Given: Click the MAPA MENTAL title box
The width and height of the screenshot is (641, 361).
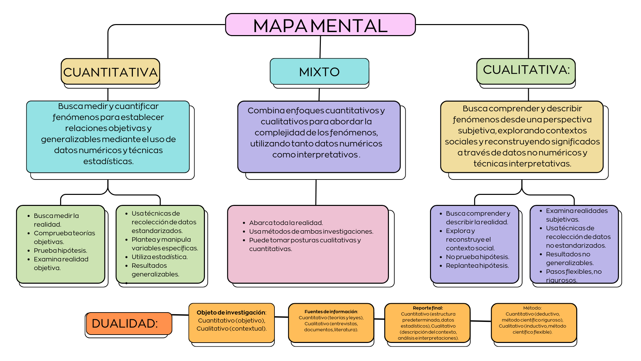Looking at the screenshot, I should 320,25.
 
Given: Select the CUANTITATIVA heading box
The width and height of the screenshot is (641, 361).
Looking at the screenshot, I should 110,72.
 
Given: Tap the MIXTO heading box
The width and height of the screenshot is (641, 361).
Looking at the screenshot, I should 319,72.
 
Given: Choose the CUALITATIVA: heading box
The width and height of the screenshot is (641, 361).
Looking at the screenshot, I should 526,70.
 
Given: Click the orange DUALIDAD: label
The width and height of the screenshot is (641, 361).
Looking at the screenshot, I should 129,324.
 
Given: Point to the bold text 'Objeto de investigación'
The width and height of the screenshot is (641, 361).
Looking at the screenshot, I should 231,313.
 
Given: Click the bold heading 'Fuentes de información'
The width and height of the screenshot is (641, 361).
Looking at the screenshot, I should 331,312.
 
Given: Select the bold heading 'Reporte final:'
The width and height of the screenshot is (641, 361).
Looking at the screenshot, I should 428,308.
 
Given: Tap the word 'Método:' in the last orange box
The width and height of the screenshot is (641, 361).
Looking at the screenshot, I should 532,308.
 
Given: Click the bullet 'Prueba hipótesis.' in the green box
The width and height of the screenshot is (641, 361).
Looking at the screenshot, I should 60,251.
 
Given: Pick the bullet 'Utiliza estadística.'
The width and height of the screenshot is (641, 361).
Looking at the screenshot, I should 160,257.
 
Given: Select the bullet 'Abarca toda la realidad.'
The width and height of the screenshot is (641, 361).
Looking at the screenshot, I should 286,223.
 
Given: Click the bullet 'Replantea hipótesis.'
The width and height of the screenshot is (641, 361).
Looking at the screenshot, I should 477,266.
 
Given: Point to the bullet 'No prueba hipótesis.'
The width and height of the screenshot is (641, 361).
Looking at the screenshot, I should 477,257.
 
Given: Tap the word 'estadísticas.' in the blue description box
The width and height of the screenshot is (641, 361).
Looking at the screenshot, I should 109,161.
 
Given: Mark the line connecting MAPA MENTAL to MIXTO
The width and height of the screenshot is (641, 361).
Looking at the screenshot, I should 320,47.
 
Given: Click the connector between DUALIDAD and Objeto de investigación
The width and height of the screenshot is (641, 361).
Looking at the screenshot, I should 180,315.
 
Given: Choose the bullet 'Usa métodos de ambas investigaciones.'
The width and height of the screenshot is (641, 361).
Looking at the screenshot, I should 311,232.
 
